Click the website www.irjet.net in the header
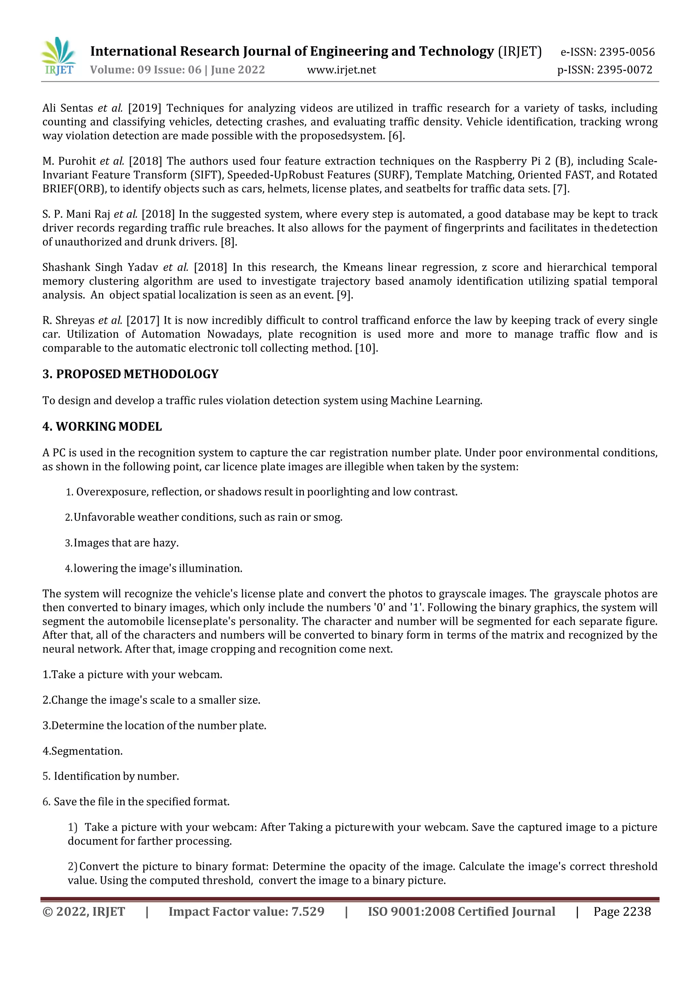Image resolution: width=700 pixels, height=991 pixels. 341,70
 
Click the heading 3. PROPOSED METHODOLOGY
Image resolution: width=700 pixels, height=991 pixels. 130,374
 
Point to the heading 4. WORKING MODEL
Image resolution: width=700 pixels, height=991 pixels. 102,426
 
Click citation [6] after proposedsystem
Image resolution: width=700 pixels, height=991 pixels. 395,136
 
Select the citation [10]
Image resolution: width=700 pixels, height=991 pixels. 366,348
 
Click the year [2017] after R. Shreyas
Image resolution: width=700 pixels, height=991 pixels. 143,321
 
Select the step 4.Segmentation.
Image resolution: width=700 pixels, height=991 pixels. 82,751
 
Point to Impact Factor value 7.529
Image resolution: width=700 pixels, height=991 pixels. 246,912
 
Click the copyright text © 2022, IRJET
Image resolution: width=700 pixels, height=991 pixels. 84,912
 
